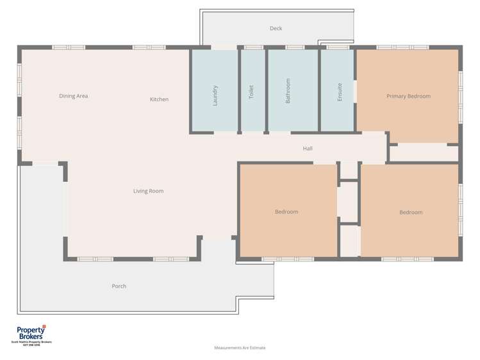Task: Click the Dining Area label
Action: [73, 96]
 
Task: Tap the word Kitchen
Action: [159, 99]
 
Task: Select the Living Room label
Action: [148, 191]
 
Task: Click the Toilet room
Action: [252, 92]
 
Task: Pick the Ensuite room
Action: [339, 92]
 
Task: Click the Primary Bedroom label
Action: [408, 96]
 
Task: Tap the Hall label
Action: [308, 149]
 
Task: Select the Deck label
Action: [276, 28]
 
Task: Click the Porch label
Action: [119, 286]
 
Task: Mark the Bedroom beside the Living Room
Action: [286, 211]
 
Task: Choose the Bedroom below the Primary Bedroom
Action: [411, 212]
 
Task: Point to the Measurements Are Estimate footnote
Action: [240, 348]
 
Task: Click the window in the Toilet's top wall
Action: [253, 47]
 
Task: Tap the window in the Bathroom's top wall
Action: [295, 47]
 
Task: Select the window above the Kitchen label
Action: [149, 47]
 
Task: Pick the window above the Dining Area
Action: [69, 47]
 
